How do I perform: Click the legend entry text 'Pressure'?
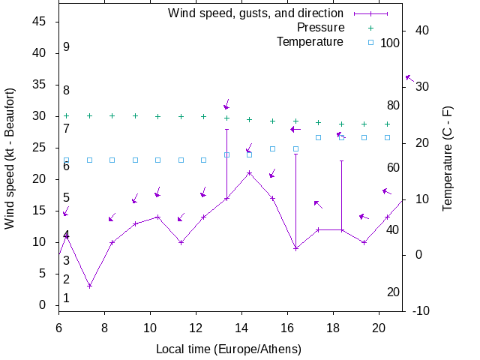pos(320,28)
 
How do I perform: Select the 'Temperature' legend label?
pos(310,42)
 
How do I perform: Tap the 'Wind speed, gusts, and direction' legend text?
pos(255,13)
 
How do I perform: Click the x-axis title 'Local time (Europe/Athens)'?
pos(228,349)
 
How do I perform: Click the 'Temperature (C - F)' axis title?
pos(448,158)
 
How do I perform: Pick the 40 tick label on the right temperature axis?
pos(421,31)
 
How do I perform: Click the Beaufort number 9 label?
pos(67,47)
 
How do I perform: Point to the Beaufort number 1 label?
pos(67,298)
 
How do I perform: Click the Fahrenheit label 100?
pos(390,43)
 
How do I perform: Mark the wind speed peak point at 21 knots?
pos(250,173)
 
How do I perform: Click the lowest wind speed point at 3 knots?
pos(89,286)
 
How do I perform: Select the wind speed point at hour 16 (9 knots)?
pos(295,248)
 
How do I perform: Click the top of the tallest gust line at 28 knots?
pos(226,129)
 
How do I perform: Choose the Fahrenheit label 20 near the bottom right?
pos(393,292)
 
